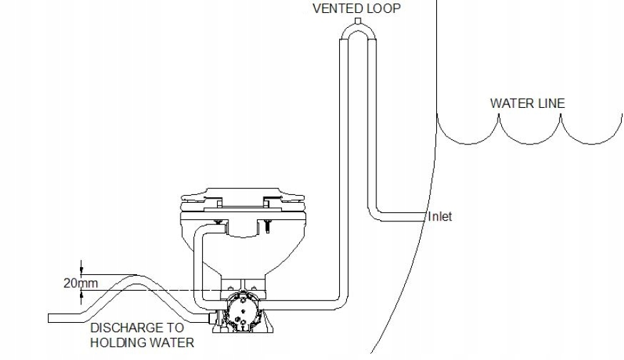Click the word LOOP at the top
click(x=382, y=9)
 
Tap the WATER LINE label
click(x=527, y=103)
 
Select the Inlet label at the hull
click(x=440, y=216)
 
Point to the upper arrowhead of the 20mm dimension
click(x=82, y=270)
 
